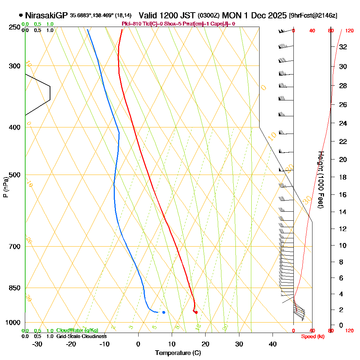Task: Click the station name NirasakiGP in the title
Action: [46, 15]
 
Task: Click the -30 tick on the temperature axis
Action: [37, 344]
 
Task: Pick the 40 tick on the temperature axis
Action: [273, 344]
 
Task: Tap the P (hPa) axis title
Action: [5, 187]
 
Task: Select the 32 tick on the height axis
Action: [343, 47]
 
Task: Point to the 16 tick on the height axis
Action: [343, 195]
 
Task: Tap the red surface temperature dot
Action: [196, 312]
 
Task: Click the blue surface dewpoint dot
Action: [164, 312]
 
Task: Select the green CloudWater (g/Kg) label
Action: [77, 330]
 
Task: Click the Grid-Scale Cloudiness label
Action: [81, 336]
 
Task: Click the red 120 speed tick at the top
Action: [349, 31]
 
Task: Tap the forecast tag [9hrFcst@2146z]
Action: [313, 15]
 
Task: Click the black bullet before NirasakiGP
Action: [21, 15]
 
